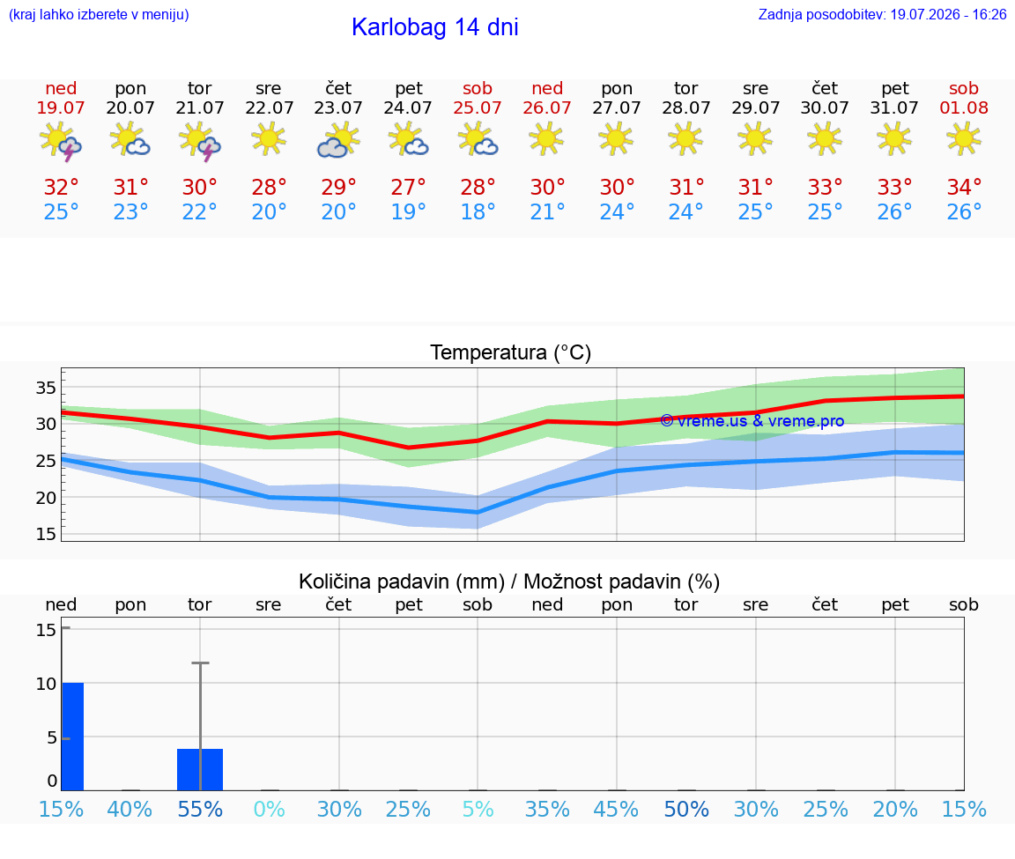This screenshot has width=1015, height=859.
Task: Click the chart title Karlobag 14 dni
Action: click(x=434, y=27)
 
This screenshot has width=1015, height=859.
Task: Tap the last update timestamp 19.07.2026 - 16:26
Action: click(x=948, y=14)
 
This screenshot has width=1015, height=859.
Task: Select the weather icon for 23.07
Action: click(x=338, y=140)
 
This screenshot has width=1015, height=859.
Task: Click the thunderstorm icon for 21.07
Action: click(x=199, y=141)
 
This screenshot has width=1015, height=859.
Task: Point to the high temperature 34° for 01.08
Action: click(x=964, y=187)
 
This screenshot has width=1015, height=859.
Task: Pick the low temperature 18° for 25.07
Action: click(x=478, y=211)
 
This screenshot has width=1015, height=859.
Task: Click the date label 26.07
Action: click(x=547, y=107)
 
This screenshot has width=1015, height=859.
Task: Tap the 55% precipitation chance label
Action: click(x=200, y=809)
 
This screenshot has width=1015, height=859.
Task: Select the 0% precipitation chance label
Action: click(x=270, y=809)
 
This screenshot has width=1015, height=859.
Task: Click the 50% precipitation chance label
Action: click(x=687, y=809)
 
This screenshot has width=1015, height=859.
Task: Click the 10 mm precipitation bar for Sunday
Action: click(x=72, y=737)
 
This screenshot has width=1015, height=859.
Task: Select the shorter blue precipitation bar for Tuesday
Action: click(x=200, y=770)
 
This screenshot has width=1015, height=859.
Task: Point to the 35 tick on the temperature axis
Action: click(x=46, y=388)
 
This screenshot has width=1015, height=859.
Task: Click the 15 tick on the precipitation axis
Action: click(x=46, y=629)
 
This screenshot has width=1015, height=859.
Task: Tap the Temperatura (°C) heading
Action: click(x=511, y=352)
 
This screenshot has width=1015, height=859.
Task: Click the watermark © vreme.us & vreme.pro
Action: click(x=752, y=421)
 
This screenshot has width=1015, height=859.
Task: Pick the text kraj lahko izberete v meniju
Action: click(x=99, y=14)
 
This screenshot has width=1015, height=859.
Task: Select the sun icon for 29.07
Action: click(x=755, y=138)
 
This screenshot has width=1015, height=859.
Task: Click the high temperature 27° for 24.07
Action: click(x=408, y=187)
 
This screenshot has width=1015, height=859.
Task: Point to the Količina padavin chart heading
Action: click(x=509, y=581)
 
